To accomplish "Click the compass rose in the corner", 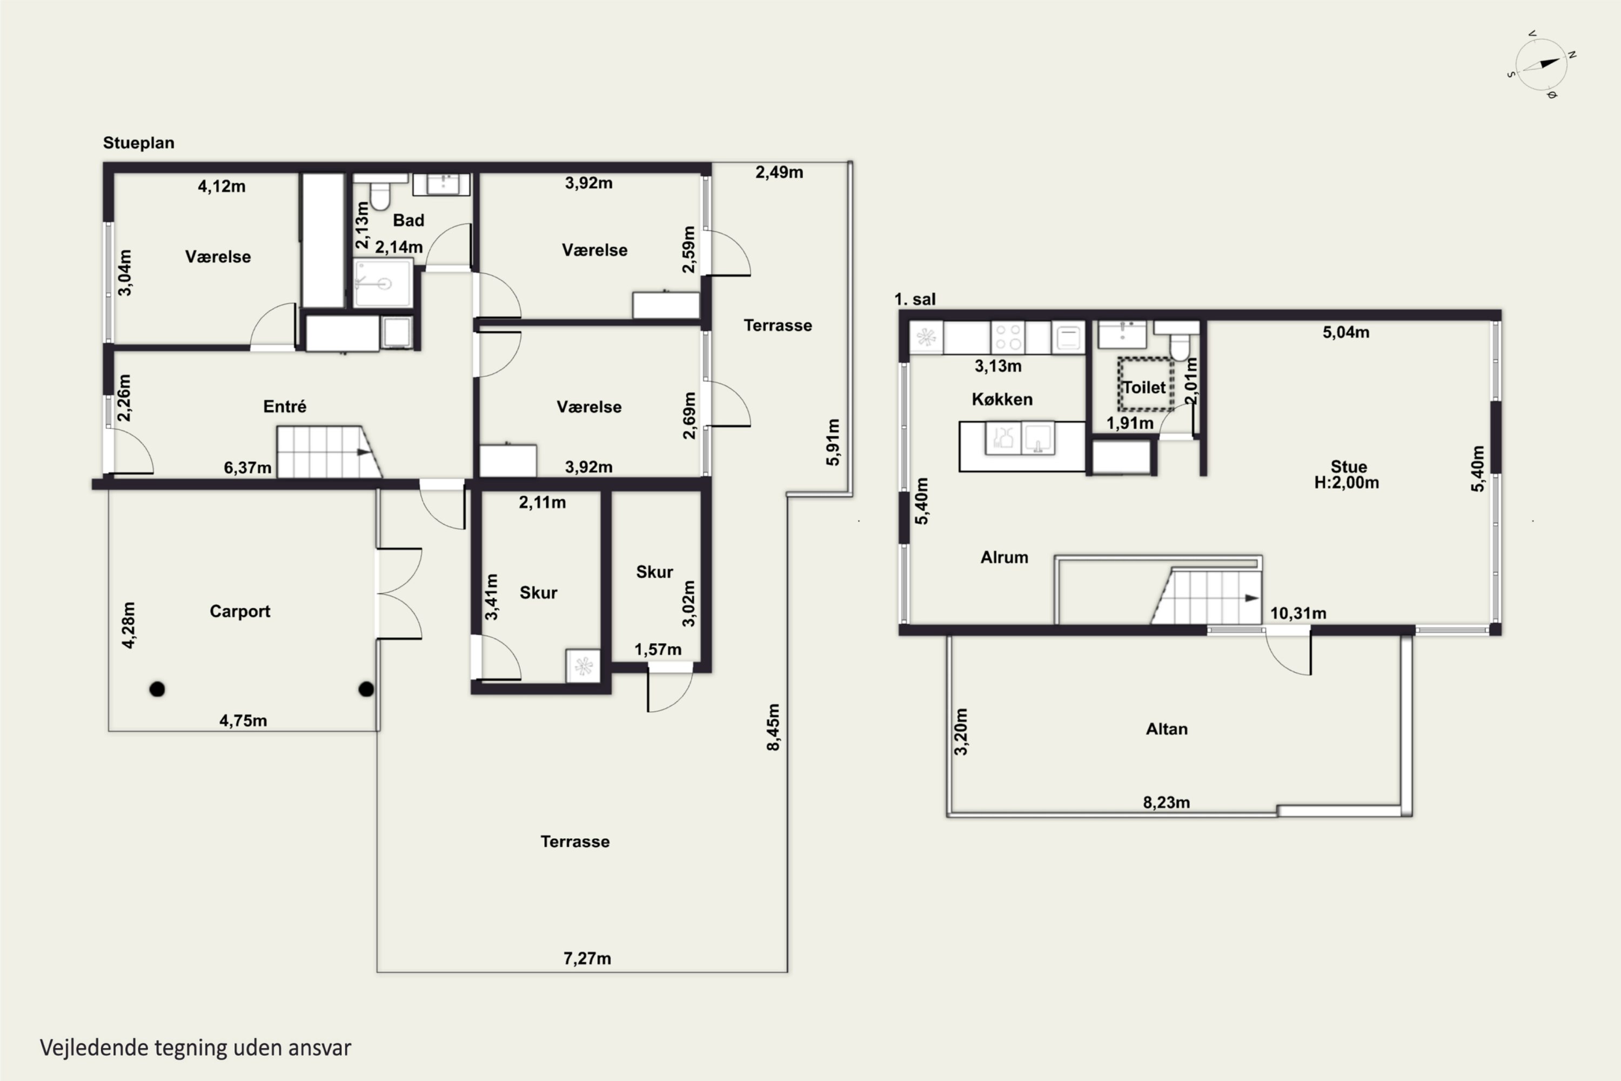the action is point(1541,65).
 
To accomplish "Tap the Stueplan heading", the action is point(138,143).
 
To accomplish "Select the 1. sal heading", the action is point(915,299).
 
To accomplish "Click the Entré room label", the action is point(285,406).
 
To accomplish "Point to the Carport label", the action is point(240,611).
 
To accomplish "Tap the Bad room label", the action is point(408,220).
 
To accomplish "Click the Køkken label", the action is point(1002,399).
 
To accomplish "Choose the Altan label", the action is point(1167,729).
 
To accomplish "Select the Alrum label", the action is point(1004,557).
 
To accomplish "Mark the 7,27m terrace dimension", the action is point(587,958).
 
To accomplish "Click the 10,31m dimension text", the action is point(1298,613).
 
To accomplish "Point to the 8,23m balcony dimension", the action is point(1167,803).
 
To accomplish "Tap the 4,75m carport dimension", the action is point(243,720).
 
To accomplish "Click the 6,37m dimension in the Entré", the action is point(247,468).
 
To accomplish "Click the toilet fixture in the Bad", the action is point(380,192).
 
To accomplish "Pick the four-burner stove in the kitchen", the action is point(1008,338).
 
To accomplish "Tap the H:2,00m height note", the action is point(1347,483).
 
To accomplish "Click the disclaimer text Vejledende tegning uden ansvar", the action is point(196,1048).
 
